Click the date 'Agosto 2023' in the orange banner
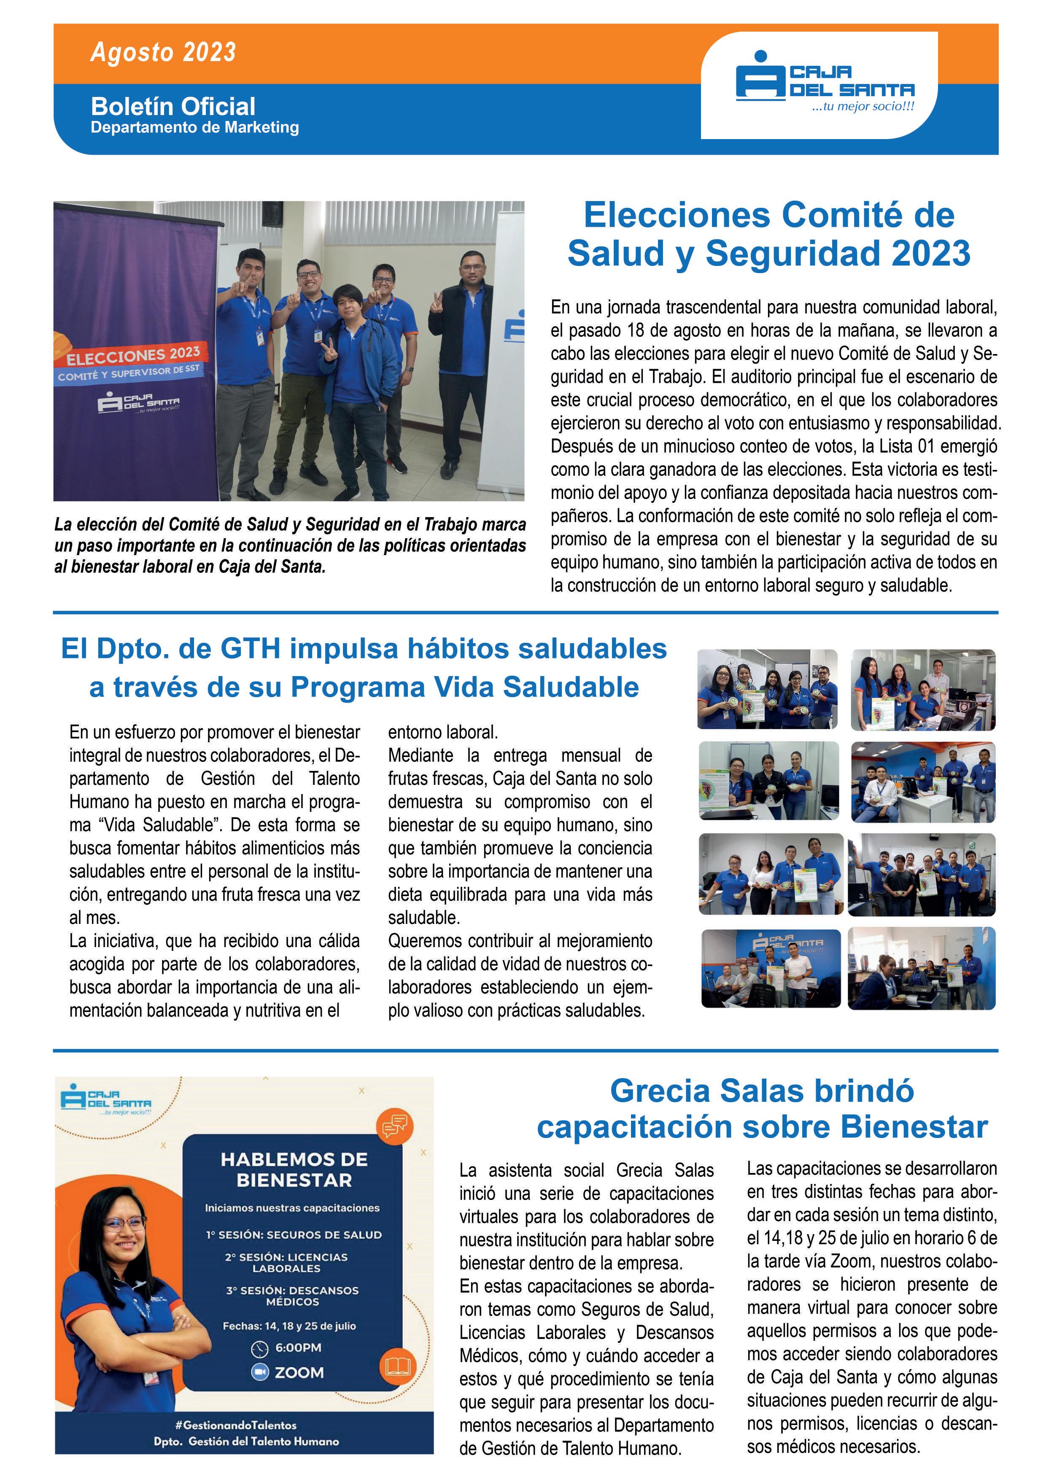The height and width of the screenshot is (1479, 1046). (163, 52)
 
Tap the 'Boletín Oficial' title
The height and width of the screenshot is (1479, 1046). (173, 106)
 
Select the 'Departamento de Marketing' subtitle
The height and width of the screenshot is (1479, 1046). (194, 128)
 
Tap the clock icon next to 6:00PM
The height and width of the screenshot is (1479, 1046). (259, 1348)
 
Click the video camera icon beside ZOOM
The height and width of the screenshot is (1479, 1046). (259, 1373)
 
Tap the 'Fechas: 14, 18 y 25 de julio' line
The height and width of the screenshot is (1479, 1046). (289, 1326)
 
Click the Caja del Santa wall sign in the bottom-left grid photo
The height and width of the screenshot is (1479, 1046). (787, 945)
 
